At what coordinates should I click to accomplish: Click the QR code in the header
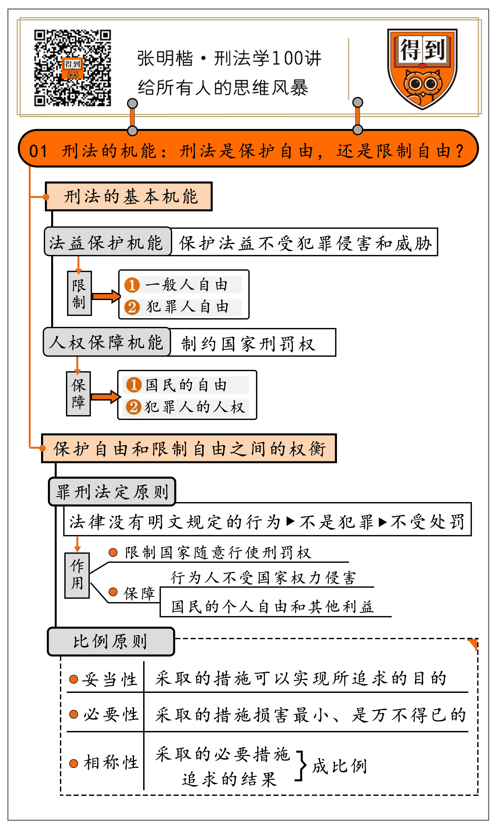click(x=72, y=68)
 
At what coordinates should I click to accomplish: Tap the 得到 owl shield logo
click(x=422, y=69)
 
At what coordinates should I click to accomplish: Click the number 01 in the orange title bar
click(x=38, y=151)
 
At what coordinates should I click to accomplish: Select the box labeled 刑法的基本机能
click(x=129, y=197)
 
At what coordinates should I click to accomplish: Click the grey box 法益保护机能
click(x=108, y=242)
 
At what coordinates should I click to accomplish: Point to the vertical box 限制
click(x=79, y=293)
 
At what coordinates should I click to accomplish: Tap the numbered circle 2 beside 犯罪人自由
click(x=132, y=307)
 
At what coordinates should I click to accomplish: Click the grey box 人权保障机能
click(x=106, y=342)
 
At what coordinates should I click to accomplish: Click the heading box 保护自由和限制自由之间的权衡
click(x=189, y=449)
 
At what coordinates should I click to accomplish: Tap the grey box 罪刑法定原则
click(x=112, y=492)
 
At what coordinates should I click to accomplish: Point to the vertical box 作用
click(x=77, y=575)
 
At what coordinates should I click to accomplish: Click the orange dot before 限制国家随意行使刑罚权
click(x=113, y=552)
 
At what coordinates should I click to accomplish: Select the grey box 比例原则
click(x=111, y=641)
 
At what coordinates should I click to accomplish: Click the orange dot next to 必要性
click(x=74, y=714)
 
